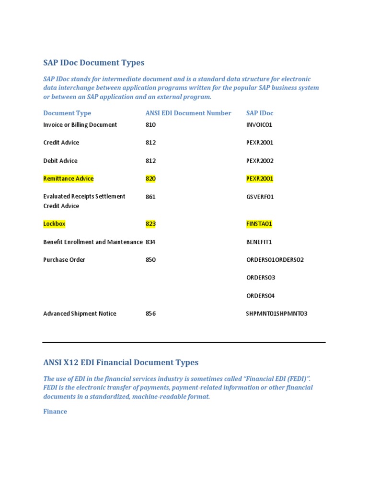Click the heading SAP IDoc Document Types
[x=93, y=63]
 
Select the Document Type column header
[x=67, y=113]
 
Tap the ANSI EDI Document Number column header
[x=188, y=113]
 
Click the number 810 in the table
[x=150, y=125]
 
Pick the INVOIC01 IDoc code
[x=259, y=125]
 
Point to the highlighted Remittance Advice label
[x=69, y=178]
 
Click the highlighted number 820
[x=150, y=178]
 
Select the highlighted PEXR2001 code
[x=260, y=178]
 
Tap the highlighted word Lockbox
[x=54, y=223]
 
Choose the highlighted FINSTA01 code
[x=259, y=223]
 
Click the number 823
[x=150, y=223]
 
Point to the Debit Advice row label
[x=60, y=161]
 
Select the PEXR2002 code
[x=260, y=161]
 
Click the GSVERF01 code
[x=260, y=197]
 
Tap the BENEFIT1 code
[x=259, y=242]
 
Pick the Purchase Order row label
[x=64, y=260]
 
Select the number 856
[x=150, y=314]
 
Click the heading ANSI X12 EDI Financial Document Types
[x=121, y=362]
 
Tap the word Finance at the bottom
[x=55, y=412]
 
